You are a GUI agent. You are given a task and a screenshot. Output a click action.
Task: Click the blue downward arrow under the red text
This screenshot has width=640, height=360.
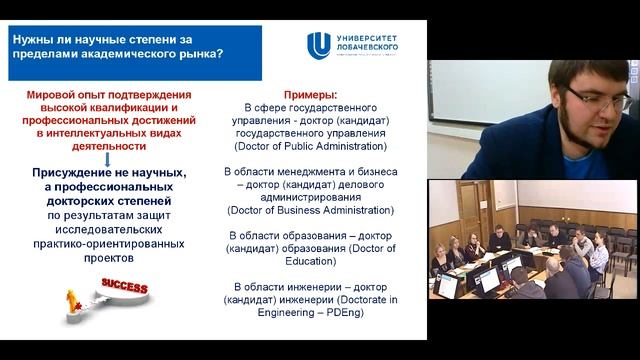pyautogui.click(x=105, y=159)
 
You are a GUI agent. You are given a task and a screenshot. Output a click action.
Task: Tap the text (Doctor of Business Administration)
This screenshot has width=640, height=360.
pyautogui.click(x=309, y=210)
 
